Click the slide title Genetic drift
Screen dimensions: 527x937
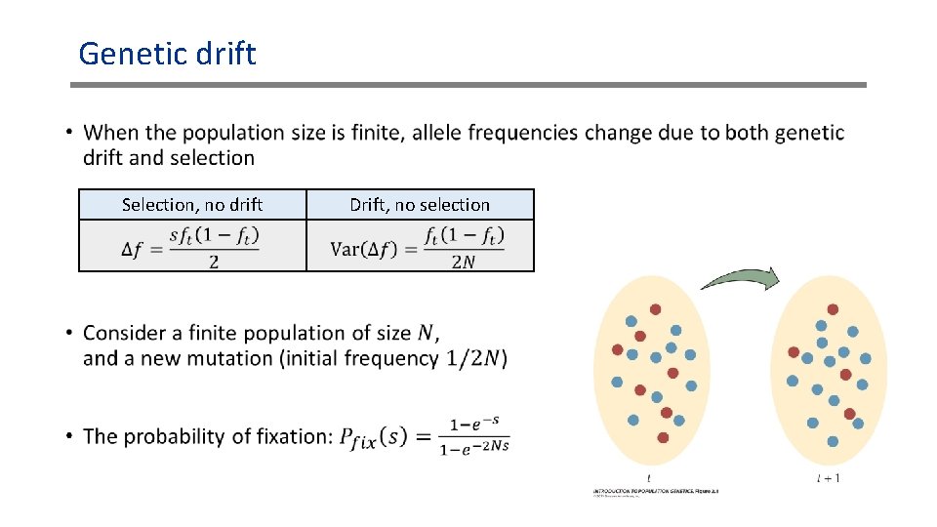tap(167, 53)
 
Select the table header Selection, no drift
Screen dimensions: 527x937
tap(191, 205)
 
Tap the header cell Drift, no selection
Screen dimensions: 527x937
tap(420, 205)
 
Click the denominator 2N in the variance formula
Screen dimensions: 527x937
tap(465, 261)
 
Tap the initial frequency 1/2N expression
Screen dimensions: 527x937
tap(476, 359)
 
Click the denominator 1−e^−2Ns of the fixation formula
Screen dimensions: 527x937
tap(474, 448)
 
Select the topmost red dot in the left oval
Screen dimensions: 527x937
tap(655, 309)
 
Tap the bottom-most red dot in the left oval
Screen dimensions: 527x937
tap(663, 438)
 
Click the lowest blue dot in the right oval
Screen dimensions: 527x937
tap(833, 441)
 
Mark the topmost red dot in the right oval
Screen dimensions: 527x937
tap(833, 309)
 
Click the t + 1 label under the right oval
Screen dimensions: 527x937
tap(828, 478)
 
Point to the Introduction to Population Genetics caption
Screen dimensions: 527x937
tap(655, 490)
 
